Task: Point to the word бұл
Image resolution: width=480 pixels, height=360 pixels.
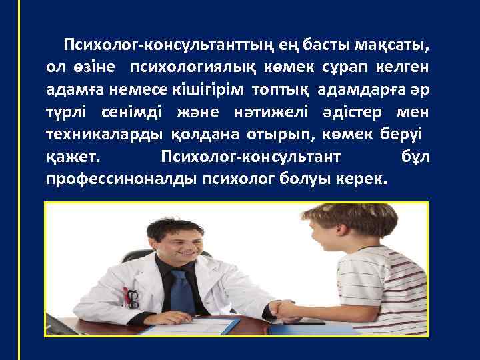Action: point(416,156)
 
